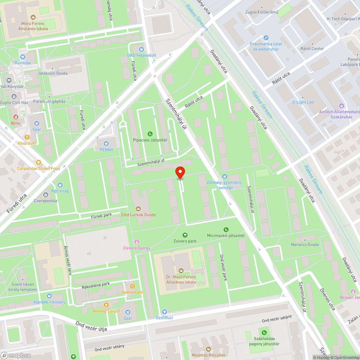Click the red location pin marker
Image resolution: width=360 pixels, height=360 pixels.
(180, 172)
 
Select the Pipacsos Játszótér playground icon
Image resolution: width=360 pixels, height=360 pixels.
(150, 134)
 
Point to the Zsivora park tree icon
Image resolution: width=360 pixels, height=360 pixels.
(185, 235)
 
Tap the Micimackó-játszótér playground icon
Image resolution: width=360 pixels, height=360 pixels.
(226, 229)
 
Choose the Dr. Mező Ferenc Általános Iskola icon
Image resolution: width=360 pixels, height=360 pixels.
(181, 270)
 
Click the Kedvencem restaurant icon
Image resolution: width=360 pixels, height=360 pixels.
(132, 286)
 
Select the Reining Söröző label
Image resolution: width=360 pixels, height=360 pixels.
(106, 311)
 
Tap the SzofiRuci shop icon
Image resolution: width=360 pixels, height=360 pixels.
(164, 311)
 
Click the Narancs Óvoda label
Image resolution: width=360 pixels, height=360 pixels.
(305, 245)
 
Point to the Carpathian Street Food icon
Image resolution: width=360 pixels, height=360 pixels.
(39, 162)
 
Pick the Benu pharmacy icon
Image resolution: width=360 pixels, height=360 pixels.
(15, 117)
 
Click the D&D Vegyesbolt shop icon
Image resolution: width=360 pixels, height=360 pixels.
(141, 49)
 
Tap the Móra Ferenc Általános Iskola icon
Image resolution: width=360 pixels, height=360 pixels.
(33, 17)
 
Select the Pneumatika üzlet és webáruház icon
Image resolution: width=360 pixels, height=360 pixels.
(266, 37)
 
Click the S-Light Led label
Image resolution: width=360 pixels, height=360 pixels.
(302, 102)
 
